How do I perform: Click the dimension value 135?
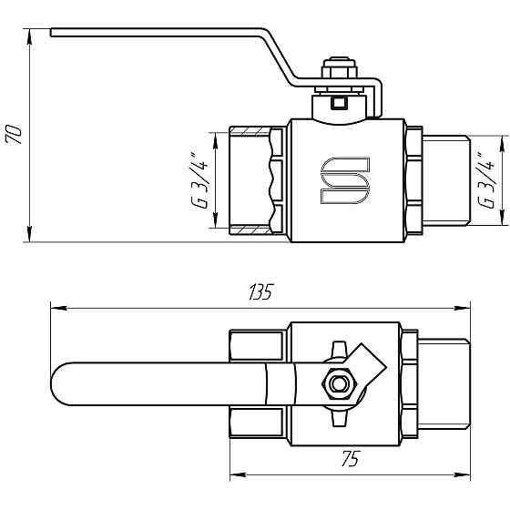click(x=260, y=292)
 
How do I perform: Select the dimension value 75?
click(x=348, y=460)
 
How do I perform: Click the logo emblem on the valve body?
click(x=345, y=180)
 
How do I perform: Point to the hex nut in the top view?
click(x=341, y=384)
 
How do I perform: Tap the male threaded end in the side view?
click(x=446, y=180)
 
